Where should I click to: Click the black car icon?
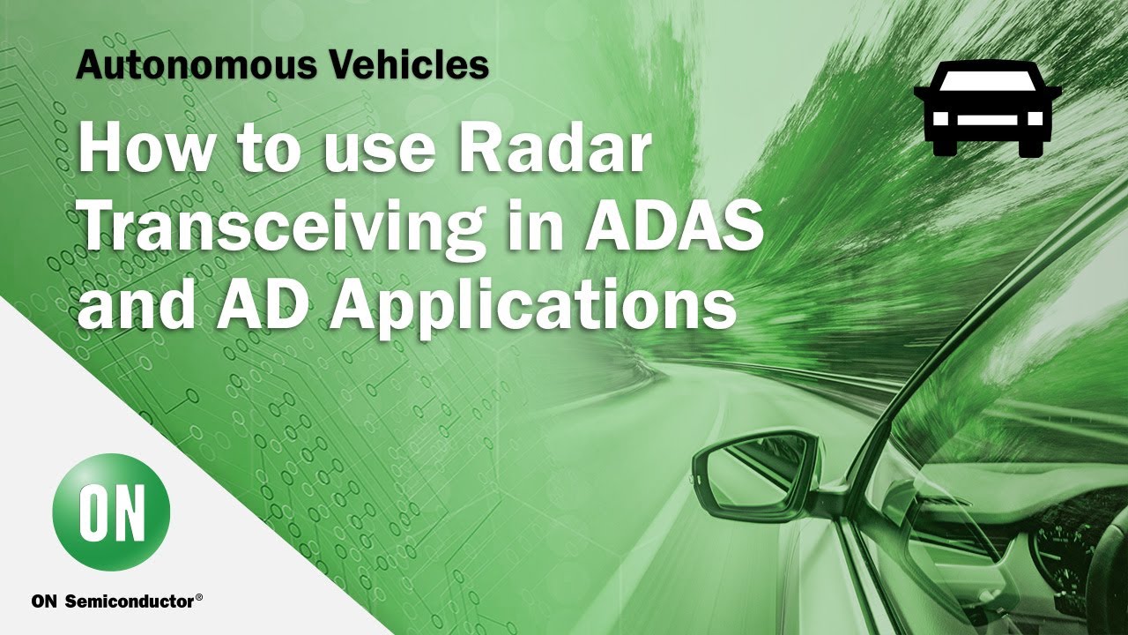tap(987, 108)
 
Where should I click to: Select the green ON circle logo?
tap(111, 512)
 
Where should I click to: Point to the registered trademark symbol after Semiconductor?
tap(199, 598)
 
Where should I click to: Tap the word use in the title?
tap(381, 150)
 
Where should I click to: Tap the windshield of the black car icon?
tap(987, 82)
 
